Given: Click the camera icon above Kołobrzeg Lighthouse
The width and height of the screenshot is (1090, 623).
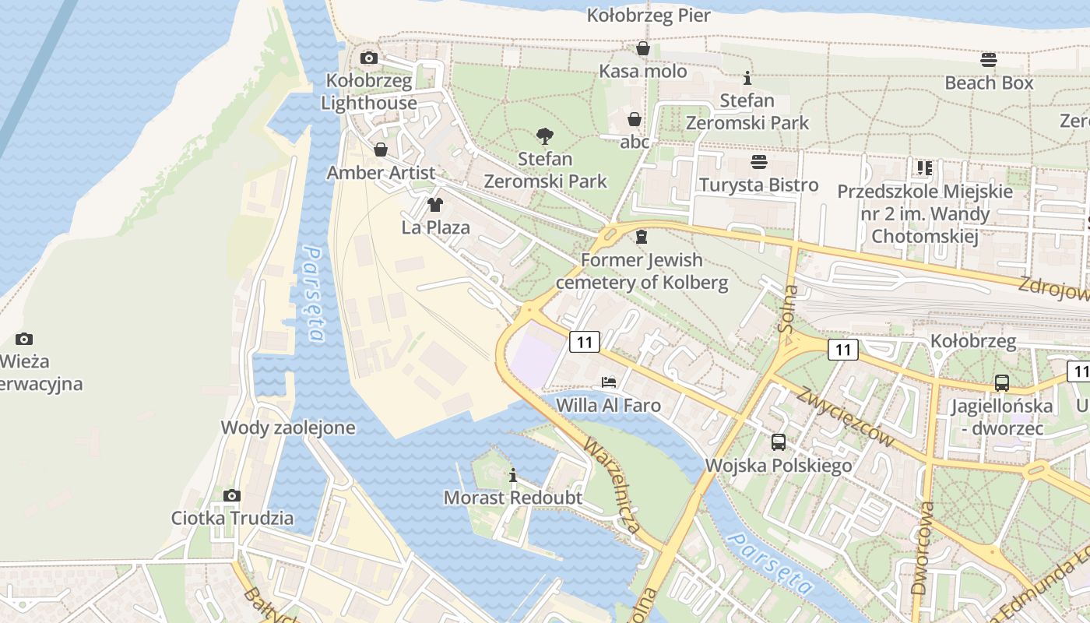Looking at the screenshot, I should (369, 58).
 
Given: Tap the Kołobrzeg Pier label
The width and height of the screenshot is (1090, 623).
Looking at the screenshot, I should (649, 16).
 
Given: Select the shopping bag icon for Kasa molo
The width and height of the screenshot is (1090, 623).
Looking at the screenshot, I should (643, 49).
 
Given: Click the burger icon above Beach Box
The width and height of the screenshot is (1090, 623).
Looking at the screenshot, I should (989, 60).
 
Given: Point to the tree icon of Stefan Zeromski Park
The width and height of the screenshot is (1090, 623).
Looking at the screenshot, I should (545, 137).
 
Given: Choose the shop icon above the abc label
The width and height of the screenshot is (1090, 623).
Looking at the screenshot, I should (635, 119).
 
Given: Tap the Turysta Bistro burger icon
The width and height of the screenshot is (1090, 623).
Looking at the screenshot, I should (759, 162).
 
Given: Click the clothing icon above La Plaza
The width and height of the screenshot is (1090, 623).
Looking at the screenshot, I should (435, 205).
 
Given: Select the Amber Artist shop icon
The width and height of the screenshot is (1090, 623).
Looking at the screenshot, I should (381, 150).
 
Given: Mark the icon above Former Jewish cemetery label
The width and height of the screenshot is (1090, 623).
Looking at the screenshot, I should (642, 237).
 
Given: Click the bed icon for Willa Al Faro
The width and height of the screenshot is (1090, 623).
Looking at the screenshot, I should (609, 382).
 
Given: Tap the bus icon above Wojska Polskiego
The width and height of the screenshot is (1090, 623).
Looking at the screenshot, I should (779, 442).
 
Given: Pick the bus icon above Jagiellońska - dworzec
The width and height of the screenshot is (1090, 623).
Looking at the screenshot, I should (1002, 383).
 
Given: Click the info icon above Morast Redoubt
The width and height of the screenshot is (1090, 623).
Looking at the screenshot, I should (513, 475).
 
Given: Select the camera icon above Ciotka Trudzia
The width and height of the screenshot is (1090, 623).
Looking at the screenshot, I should (232, 495).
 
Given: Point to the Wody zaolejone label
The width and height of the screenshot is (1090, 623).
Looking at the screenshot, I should (288, 428).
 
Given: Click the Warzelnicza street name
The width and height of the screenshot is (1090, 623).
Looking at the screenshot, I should (614, 487).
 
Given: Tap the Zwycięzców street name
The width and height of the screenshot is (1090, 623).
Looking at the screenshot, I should (845, 417).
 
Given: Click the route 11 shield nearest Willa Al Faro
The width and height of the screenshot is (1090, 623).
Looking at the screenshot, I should (585, 341).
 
